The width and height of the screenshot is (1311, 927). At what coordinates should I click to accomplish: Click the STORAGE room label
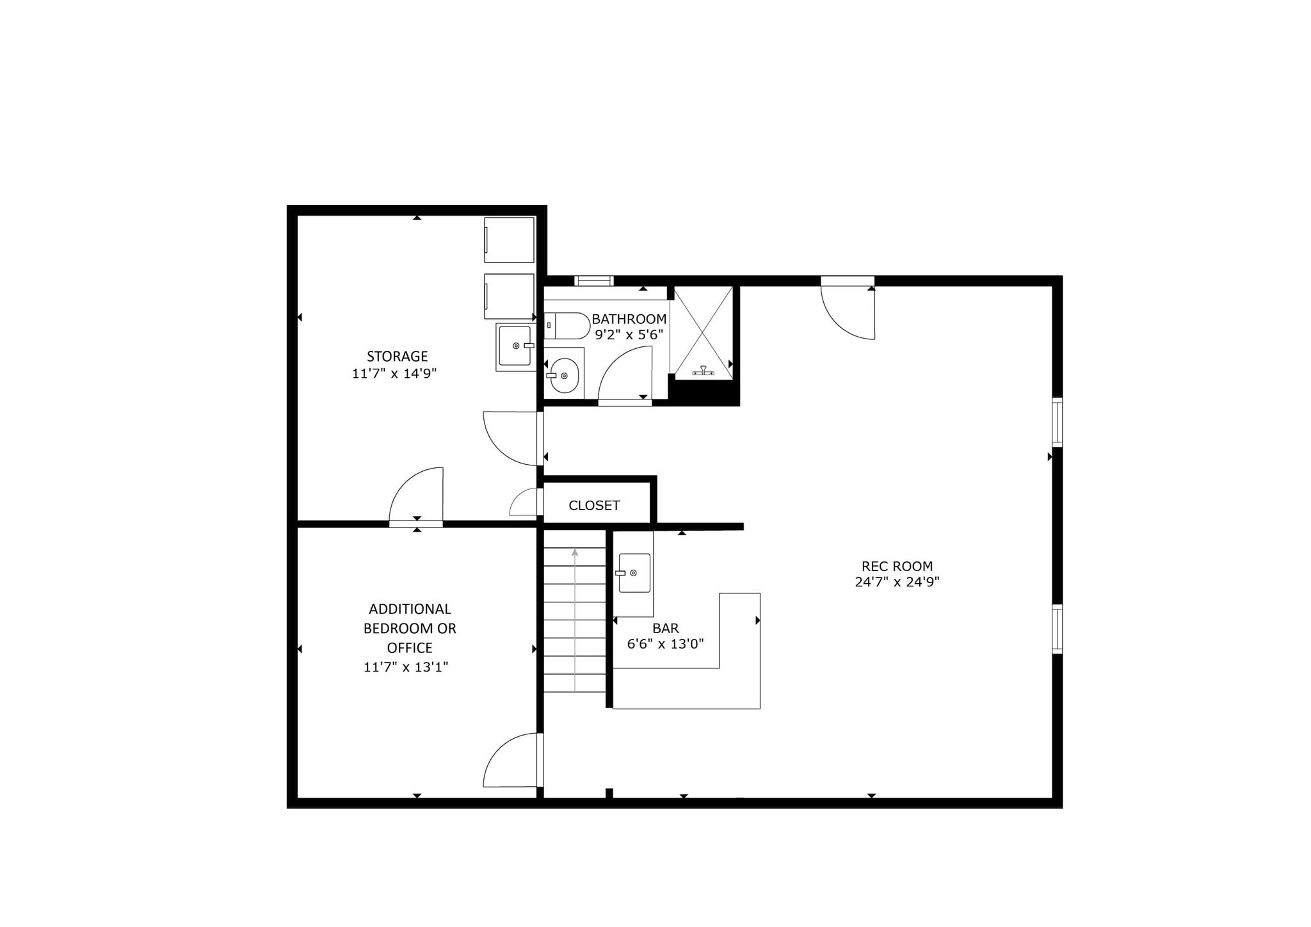coord(397,356)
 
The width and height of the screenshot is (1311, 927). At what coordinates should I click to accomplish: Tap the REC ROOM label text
coord(897,566)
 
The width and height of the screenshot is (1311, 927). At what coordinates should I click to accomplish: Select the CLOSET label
coord(594,506)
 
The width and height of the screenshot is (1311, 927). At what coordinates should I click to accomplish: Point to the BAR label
coord(666,629)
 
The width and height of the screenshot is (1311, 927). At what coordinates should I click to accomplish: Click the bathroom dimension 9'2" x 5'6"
coord(629,334)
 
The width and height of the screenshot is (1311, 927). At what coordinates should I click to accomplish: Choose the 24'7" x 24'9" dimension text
coord(897,582)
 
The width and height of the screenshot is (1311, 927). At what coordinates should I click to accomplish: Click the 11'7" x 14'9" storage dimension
coord(394,373)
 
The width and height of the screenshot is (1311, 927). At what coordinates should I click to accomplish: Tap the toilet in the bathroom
coord(567,326)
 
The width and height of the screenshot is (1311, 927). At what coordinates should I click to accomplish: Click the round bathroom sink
coord(564,376)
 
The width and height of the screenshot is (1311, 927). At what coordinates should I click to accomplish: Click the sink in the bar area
coord(634,573)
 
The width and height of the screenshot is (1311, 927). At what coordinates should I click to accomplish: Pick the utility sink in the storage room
coord(515,346)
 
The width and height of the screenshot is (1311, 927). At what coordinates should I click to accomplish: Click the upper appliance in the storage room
coord(509,240)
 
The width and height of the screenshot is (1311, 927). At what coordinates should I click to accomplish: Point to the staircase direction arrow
coord(575,620)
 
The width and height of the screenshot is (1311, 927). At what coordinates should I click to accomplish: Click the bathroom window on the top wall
coord(594,280)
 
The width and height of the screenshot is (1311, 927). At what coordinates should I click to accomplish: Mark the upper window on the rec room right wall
coord(1058,422)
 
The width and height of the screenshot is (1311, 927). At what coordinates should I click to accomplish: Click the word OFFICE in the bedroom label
coord(410,647)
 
